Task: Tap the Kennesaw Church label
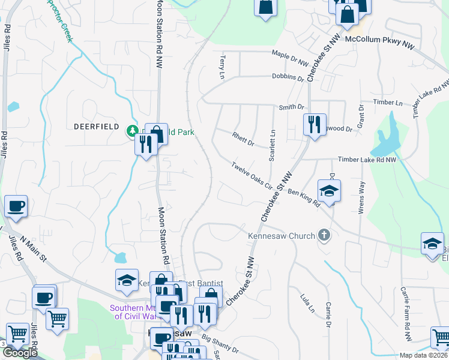[282, 236]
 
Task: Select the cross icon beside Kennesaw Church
[325, 235]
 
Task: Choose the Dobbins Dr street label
[288, 77]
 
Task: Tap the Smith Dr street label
[291, 107]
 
